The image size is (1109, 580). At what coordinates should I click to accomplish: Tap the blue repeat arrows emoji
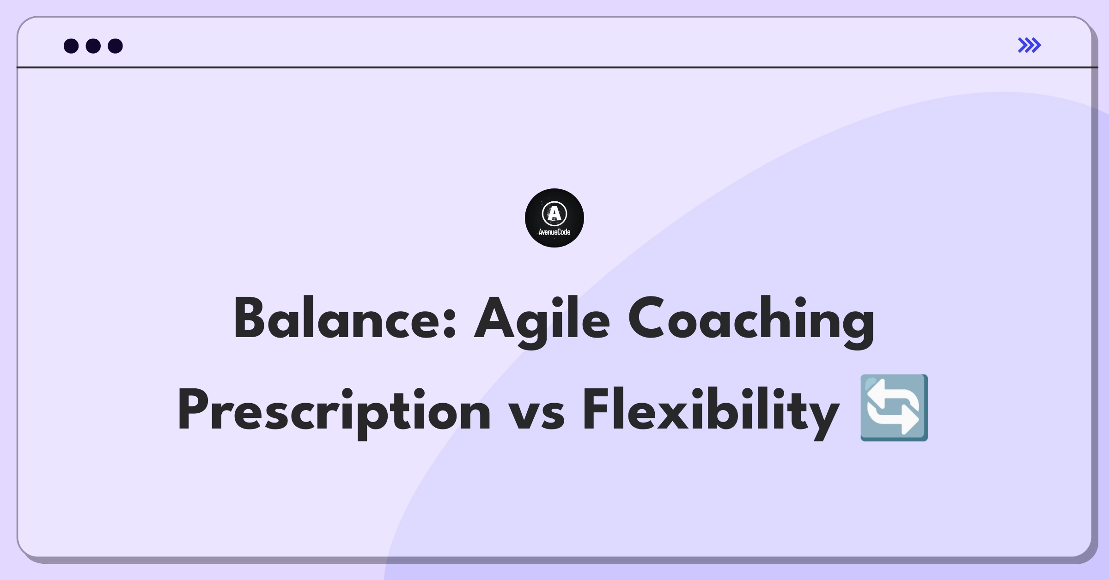(894, 408)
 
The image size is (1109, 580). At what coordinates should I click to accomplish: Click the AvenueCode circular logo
(554, 218)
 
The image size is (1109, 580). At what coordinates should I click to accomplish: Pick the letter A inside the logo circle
(554, 213)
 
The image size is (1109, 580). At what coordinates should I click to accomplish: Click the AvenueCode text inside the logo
(554, 232)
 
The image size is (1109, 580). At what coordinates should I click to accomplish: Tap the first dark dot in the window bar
(71, 46)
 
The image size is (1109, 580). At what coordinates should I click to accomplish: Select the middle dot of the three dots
(93, 46)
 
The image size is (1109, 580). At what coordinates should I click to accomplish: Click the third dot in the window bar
(116, 46)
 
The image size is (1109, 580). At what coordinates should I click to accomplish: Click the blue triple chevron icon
(1030, 45)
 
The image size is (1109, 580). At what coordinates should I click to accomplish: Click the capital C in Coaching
(645, 319)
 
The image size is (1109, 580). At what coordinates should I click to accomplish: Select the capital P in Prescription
(194, 410)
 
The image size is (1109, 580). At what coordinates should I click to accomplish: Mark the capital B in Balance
(250, 318)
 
